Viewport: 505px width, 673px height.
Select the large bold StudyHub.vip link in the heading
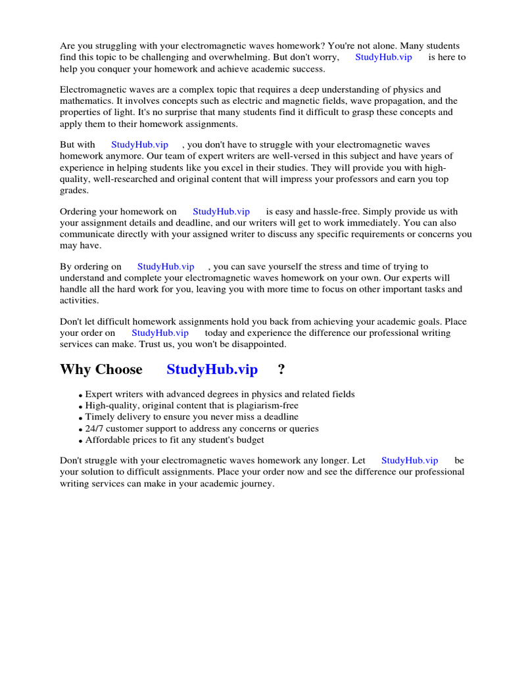click(x=212, y=369)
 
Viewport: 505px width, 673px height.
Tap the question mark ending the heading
click(x=281, y=369)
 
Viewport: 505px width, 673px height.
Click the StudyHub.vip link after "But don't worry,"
click(x=383, y=57)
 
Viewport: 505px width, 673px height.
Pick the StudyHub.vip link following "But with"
click(x=139, y=145)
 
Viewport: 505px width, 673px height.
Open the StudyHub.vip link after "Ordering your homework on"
click(x=221, y=212)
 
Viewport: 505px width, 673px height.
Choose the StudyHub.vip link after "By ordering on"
click(x=166, y=267)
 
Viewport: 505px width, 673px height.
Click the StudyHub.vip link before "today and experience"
click(x=160, y=333)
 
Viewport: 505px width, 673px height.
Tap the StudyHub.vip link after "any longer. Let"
click(x=409, y=461)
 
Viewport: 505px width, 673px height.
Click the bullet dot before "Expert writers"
click(x=80, y=395)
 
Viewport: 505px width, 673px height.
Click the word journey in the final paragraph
click(x=255, y=483)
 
